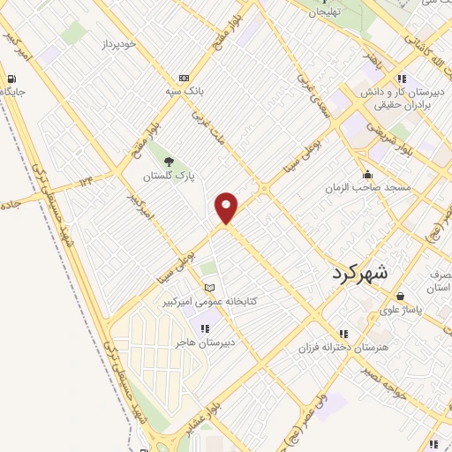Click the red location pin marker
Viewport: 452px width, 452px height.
(x=227, y=207)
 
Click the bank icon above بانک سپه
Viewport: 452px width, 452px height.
(x=184, y=78)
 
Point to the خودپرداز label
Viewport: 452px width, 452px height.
(x=118, y=42)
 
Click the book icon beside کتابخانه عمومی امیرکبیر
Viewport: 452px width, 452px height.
(x=208, y=288)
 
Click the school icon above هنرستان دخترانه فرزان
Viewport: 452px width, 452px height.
(x=343, y=333)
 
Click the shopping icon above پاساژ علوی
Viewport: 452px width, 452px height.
(x=402, y=297)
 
